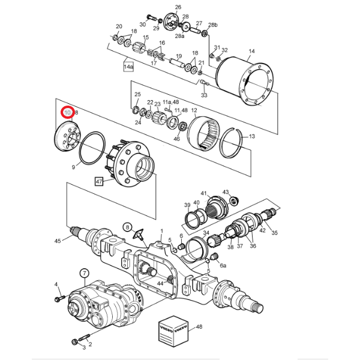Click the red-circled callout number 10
coord(68,112)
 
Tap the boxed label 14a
coord(128,66)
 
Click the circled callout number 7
coord(84,274)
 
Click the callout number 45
coord(58,241)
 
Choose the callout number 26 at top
coord(178,7)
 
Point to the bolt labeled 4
coord(60,298)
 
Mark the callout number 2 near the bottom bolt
coord(90,344)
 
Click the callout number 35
coord(275,233)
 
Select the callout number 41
coord(204,193)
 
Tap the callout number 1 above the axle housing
coord(161,231)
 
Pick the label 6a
coord(223,265)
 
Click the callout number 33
coord(204,95)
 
